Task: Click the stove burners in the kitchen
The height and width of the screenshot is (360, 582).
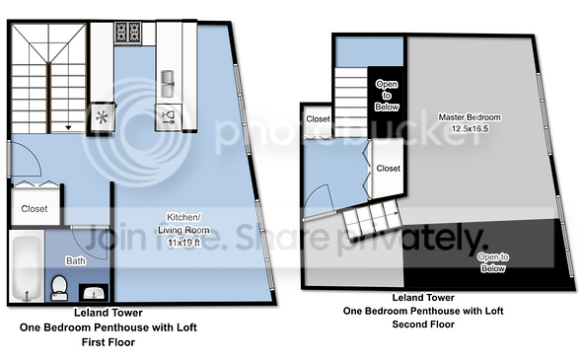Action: point(127,32)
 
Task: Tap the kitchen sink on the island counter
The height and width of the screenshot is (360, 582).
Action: point(168,84)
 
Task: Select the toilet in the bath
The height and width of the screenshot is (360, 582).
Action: point(59,288)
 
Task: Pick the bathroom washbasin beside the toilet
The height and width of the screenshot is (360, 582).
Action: point(94,293)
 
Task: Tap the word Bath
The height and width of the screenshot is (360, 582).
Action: point(76,261)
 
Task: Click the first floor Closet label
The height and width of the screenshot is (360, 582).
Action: point(35,209)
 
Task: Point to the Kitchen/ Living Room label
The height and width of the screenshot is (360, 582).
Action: point(183,224)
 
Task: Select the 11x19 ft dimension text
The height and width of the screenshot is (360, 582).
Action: point(184,243)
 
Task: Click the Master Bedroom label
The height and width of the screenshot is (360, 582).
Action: point(470,117)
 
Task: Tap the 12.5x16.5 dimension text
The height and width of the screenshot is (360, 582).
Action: point(470,129)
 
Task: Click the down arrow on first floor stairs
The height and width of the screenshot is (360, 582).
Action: point(68,127)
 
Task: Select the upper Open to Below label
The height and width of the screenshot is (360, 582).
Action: point(387,96)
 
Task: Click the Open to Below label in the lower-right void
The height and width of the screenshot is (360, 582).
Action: point(493,262)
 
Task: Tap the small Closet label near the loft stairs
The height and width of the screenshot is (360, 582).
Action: point(318,119)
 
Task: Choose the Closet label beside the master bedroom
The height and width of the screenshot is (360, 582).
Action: point(389,169)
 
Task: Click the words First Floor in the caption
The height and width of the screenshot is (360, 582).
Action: point(109,342)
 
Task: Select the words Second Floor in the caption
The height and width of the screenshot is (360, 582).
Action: point(423,324)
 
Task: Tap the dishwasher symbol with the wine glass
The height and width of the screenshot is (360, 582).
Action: point(168,117)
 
